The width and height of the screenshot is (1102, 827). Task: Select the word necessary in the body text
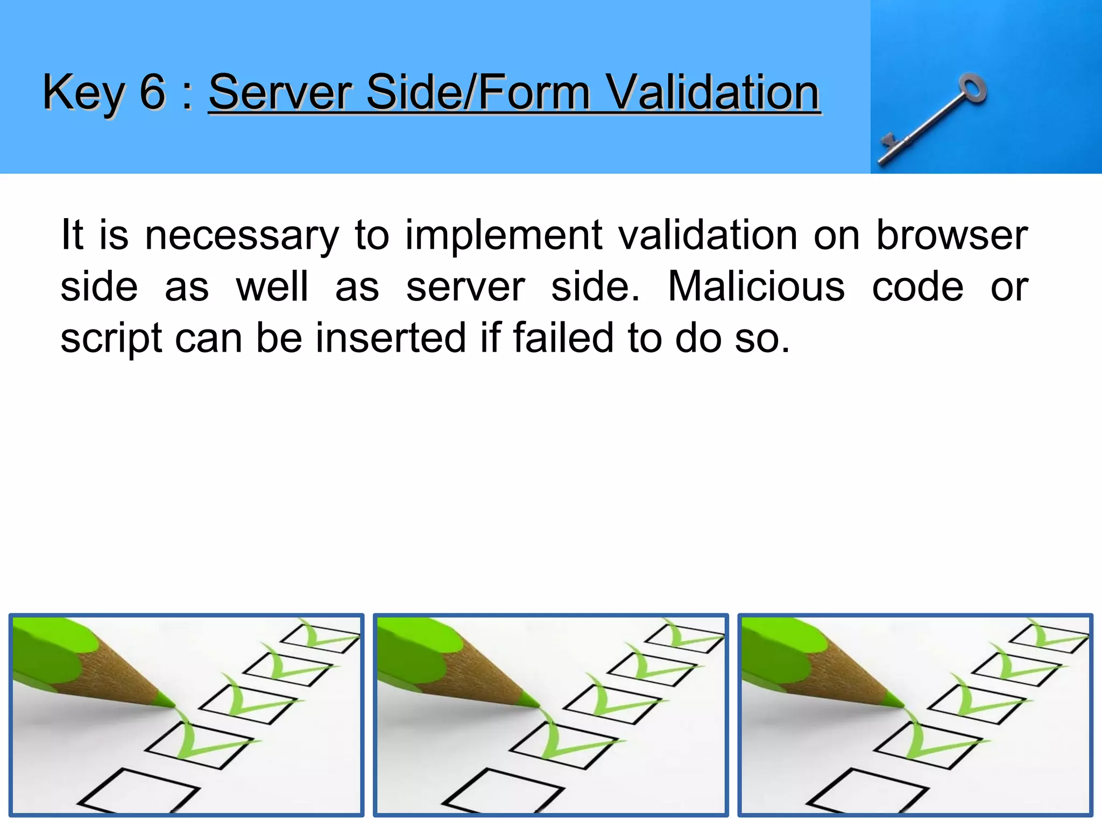(x=242, y=236)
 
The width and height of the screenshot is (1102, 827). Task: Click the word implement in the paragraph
(x=503, y=236)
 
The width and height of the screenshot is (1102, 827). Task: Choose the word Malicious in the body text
(x=756, y=286)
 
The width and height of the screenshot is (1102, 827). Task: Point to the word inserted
(x=390, y=338)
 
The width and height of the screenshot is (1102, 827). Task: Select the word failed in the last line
(x=563, y=338)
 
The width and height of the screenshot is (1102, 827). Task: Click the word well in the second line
(x=272, y=286)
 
